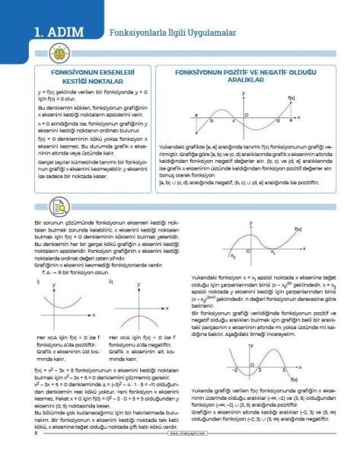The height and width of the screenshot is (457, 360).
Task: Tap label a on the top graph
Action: click(195, 115)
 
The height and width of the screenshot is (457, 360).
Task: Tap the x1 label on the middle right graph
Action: click(272, 252)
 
